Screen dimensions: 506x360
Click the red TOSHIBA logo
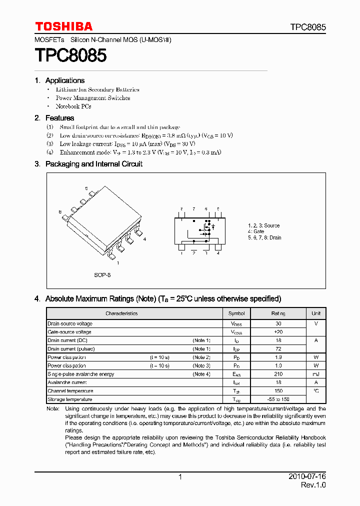point(63,26)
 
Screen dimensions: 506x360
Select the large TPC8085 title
point(70,55)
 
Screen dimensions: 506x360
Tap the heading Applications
point(65,80)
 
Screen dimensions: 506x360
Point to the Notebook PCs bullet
point(73,106)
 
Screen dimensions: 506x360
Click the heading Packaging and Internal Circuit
point(94,164)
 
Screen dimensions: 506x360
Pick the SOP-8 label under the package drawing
point(102,275)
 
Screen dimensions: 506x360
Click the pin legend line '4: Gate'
point(256,231)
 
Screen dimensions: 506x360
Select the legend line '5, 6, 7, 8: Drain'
point(264,237)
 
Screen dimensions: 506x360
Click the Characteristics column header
point(121,313)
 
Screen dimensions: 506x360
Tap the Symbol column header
point(236,313)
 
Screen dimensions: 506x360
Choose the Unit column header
point(316,313)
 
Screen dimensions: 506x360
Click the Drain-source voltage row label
point(70,323)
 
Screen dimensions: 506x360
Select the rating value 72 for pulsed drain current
point(278,349)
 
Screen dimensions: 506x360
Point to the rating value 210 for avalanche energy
point(278,374)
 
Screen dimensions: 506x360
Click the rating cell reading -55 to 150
point(278,399)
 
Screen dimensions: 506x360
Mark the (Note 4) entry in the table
point(201,374)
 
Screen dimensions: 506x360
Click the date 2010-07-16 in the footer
point(307,477)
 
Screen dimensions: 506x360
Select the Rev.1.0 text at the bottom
point(313,486)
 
